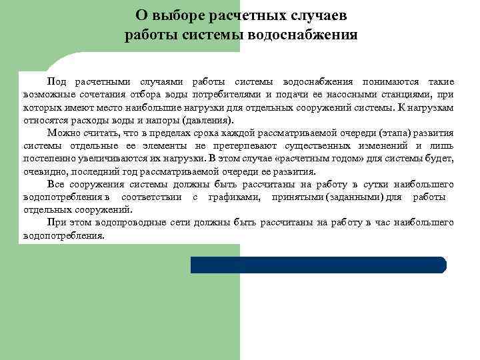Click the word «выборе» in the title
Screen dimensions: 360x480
(182, 15)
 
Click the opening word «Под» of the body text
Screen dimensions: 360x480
(57, 81)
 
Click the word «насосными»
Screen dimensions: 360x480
(351, 94)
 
